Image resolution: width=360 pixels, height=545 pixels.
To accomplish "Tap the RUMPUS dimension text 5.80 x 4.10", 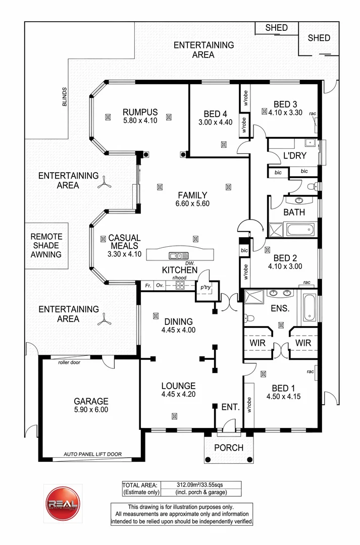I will pyautogui.click(x=140, y=121).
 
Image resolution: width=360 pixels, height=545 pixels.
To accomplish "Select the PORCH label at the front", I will pyautogui.click(x=228, y=448).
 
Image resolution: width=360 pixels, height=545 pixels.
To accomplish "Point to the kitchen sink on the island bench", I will pyautogui.click(x=179, y=256).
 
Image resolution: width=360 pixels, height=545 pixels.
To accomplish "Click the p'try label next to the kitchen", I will pyautogui.click(x=205, y=287).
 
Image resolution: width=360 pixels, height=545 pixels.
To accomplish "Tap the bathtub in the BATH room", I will pyautogui.click(x=301, y=230).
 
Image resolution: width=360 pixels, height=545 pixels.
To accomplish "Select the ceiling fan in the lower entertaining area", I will pyautogui.click(x=105, y=317).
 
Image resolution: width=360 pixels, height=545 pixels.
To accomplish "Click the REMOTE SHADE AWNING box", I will pyautogui.click(x=46, y=245).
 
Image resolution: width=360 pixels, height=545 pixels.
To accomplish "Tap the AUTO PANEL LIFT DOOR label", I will pyautogui.click(x=92, y=454).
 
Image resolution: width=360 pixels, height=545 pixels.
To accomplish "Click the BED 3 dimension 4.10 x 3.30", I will pyautogui.click(x=285, y=113).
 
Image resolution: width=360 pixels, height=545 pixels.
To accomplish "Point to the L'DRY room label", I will pyautogui.click(x=293, y=155).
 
